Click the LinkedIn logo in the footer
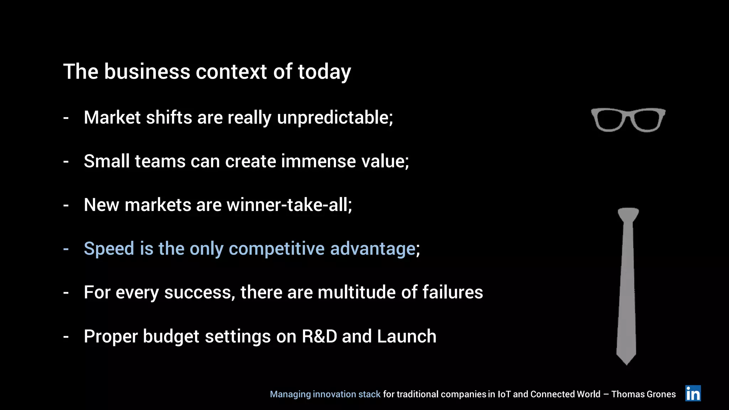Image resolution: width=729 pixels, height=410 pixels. pos(693,393)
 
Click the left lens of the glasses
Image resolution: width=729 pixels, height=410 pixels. pos(609,120)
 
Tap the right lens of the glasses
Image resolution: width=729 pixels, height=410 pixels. pos(647,120)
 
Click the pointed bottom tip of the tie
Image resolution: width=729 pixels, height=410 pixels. pos(626,362)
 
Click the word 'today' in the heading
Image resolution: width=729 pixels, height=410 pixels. pos(324,72)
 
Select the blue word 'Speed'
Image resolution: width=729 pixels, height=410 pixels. pos(109,249)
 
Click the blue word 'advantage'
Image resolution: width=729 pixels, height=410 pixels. pos(373,249)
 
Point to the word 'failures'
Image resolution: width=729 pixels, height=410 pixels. pos(452,292)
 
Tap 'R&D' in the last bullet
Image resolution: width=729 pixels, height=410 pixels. pos(319,336)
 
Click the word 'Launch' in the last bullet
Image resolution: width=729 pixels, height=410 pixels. pos(407,336)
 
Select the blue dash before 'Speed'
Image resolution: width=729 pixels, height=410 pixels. pos(66,249)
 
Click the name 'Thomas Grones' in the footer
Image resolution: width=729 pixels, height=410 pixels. pos(643,394)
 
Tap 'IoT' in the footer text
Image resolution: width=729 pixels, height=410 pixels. pos(504,394)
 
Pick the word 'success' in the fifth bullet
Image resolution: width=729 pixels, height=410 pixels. pos(199,293)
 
